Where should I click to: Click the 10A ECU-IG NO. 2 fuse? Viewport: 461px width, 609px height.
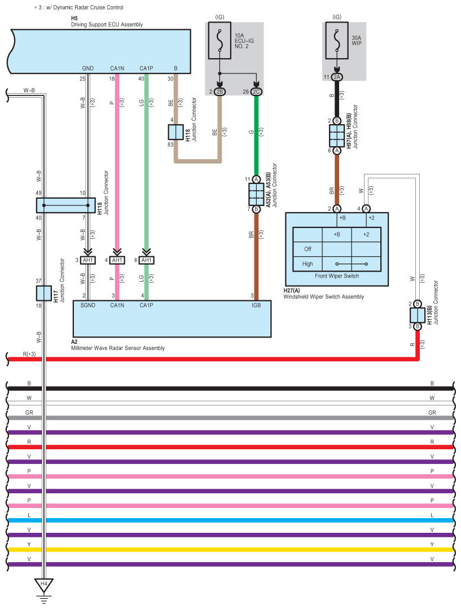(x=219, y=45)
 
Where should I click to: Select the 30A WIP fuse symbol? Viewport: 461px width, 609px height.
(x=336, y=45)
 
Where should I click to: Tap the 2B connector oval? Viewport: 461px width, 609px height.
(x=219, y=91)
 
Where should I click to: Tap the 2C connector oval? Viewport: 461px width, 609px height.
(x=256, y=91)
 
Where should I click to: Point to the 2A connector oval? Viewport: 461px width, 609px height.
(x=337, y=77)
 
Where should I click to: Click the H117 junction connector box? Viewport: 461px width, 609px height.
(x=43, y=293)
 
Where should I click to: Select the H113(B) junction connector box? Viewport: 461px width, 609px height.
(x=417, y=315)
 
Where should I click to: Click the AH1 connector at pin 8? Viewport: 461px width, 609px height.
(x=146, y=260)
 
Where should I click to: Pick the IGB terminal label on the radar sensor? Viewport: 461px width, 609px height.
(x=256, y=305)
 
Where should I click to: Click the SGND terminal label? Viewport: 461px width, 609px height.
(x=88, y=305)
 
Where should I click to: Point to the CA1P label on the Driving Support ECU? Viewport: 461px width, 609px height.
(x=146, y=69)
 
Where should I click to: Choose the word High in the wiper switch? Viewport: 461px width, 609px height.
(x=308, y=264)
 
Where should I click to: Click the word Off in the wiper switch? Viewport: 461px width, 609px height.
(x=308, y=249)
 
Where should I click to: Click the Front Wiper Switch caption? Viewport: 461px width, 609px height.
(x=336, y=277)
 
